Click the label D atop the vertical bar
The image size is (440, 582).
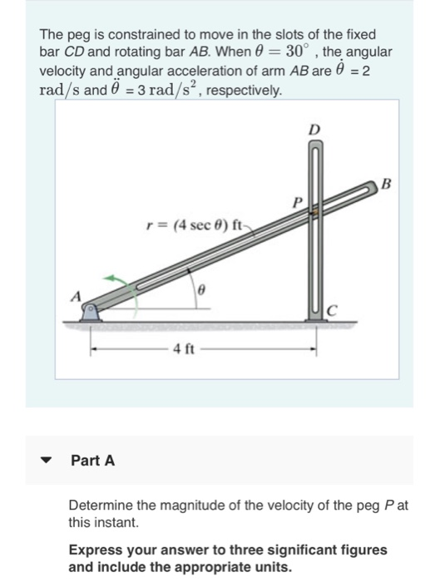tap(314, 131)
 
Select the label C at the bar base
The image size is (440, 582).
tap(329, 311)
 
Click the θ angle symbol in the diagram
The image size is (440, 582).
tap(200, 292)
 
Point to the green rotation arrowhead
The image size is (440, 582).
tap(108, 279)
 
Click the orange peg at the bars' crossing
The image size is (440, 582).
tap(314, 215)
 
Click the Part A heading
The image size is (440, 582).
tap(93, 459)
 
